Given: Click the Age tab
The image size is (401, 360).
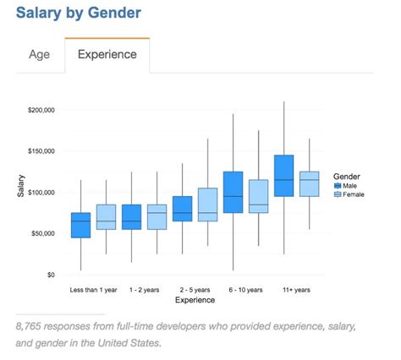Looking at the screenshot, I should [x=40, y=56].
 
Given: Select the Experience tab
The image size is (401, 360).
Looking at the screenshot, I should [x=108, y=56].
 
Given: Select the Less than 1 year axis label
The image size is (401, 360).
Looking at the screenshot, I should [x=94, y=289].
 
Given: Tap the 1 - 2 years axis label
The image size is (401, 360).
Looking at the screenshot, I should [x=145, y=289].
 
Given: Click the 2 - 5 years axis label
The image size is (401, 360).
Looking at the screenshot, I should [x=195, y=289].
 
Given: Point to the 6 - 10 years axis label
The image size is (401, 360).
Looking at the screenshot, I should [x=245, y=289].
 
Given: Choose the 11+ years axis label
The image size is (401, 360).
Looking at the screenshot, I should [x=296, y=289].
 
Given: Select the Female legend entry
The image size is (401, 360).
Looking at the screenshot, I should [x=352, y=194].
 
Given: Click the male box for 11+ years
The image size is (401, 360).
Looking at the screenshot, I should [x=283, y=176].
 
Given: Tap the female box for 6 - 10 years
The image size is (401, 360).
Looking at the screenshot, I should [x=257, y=196].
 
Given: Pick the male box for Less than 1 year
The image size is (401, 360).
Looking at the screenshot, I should [x=81, y=225].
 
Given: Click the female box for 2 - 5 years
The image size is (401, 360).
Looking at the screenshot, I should [x=207, y=205].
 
